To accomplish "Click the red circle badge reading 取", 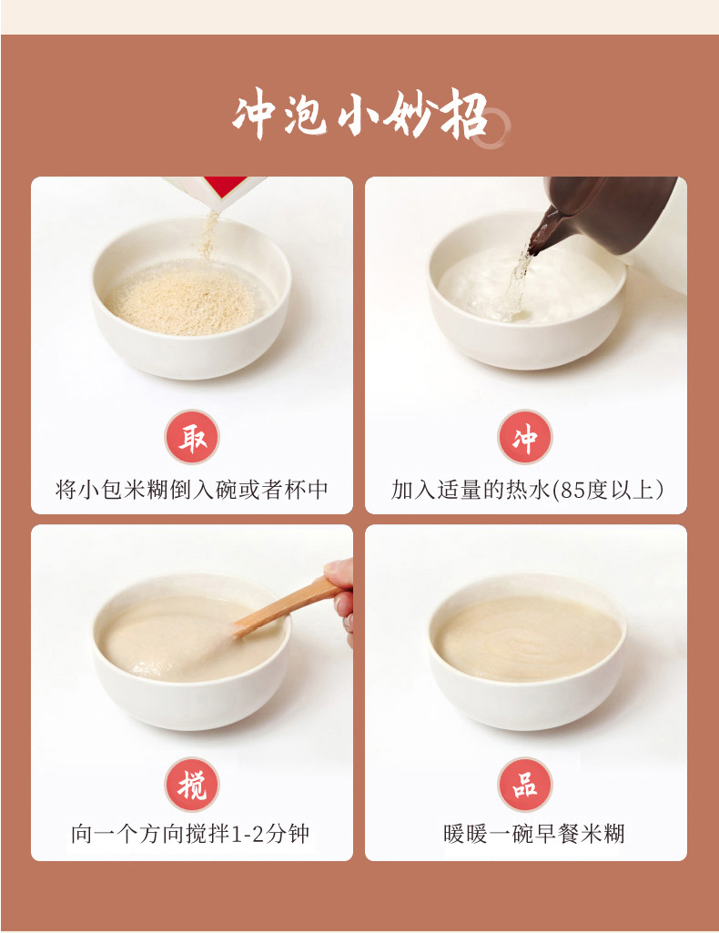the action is tap(192, 437).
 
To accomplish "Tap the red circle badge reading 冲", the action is tap(525, 437).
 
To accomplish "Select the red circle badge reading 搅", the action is tap(192, 785).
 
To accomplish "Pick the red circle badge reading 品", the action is tap(525, 785).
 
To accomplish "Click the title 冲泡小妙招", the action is tap(360, 115).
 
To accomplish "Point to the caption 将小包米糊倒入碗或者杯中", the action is tap(191, 490).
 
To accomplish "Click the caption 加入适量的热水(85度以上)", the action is tap(527, 490).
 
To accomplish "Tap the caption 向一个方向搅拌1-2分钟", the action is tap(190, 834).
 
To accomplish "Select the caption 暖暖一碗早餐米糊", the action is tap(533, 834).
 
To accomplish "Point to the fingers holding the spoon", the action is tap(340, 595).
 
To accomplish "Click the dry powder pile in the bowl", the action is tap(185, 299).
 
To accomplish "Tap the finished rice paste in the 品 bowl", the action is tap(527, 638).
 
